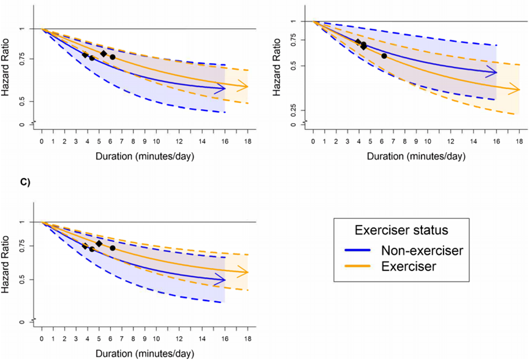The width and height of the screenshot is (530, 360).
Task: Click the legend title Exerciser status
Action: (401, 229)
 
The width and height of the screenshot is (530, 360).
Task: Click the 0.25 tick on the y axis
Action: (293, 110)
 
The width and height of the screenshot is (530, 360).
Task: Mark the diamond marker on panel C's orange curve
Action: (99, 243)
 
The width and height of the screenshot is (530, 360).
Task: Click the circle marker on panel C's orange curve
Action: (112, 248)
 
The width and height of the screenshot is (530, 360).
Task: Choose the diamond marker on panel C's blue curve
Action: (85, 247)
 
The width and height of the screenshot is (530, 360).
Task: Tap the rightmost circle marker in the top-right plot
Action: (384, 56)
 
